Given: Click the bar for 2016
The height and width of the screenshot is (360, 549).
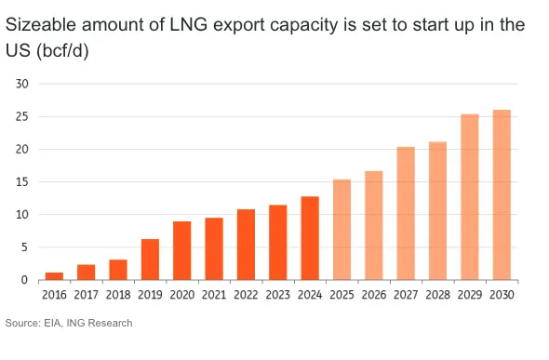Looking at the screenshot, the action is tap(54, 276).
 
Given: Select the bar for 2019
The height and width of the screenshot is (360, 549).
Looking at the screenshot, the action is tap(150, 260).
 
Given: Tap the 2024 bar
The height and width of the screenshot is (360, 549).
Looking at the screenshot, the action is tap(310, 238).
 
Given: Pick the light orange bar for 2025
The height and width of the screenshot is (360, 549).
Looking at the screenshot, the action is tap(342, 230).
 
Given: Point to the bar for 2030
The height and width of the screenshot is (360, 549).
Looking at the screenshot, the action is tap(502, 194).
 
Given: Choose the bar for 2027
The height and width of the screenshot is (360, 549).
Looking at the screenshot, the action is tap(406, 213).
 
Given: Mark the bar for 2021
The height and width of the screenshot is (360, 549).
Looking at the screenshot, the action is tap(214, 248).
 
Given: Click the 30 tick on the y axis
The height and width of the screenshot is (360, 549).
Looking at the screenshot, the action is tap(21, 84).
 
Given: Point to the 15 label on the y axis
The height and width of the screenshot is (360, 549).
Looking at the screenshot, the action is tap(21, 182).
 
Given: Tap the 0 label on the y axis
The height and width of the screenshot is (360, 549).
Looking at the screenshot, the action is tap(24, 280).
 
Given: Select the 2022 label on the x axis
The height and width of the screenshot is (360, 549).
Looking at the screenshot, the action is tap(246, 295).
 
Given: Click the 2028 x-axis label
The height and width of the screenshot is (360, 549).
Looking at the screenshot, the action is tap(437, 295).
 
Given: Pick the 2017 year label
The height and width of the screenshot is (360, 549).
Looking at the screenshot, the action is tap(87, 295).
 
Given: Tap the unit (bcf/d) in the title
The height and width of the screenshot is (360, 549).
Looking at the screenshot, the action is tap(62, 51).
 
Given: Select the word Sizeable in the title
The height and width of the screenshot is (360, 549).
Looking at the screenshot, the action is tap(41, 25).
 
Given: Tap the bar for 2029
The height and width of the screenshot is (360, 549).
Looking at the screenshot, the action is tap(470, 197).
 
